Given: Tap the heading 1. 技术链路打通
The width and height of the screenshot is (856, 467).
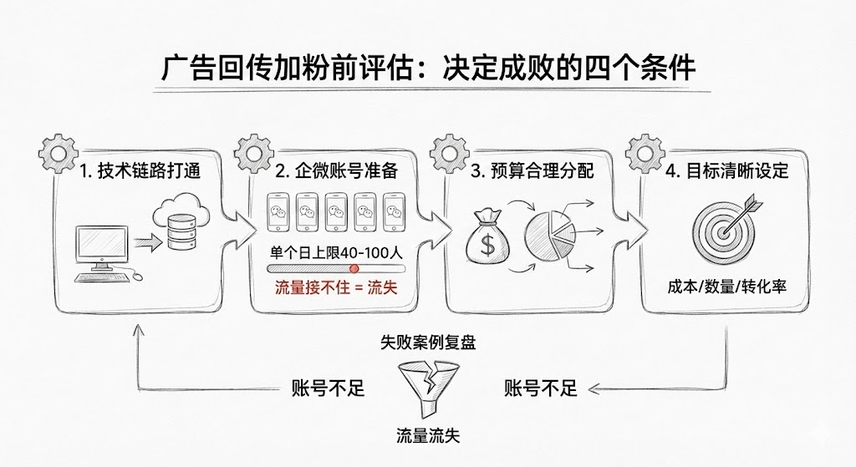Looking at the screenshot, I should (x=140, y=171).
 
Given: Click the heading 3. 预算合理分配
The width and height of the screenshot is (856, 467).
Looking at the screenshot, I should (x=532, y=171).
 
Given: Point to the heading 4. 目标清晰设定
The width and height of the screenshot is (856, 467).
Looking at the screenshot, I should (x=727, y=171).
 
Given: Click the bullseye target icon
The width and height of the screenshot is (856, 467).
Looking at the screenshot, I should (x=721, y=227).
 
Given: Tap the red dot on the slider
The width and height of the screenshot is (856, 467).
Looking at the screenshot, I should (x=354, y=268).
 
